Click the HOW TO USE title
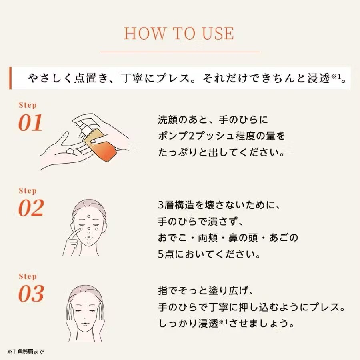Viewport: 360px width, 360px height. click(179, 34)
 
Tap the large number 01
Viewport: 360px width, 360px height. click(30, 123)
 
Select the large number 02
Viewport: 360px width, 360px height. click(31, 208)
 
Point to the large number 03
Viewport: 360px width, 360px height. click(31, 294)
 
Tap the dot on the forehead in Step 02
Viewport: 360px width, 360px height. click(89, 217)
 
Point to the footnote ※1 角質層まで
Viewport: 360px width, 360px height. click(25, 352)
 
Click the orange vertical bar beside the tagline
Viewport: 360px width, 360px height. click(11, 78)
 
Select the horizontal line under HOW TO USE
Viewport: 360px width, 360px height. click(180, 52)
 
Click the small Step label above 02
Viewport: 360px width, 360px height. click(28, 191)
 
